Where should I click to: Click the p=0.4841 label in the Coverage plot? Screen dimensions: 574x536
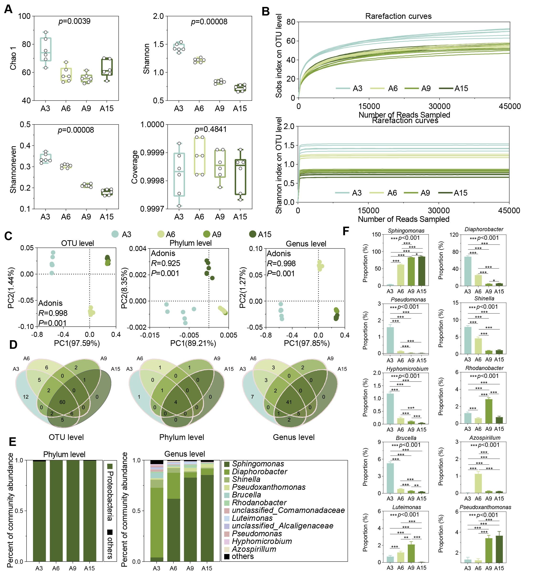click(x=210, y=129)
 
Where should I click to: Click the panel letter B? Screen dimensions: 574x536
click(x=265, y=11)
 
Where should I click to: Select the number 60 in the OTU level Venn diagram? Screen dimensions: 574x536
click(x=62, y=402)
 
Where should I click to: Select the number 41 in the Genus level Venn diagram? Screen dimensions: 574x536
click(x=289, y=402)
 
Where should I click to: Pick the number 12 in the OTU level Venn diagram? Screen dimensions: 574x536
click(x=26, y=397)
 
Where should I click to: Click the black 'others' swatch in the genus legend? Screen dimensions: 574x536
click(x=227, y=556)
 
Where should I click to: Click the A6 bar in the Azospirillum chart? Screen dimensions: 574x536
click(x=478, y=483)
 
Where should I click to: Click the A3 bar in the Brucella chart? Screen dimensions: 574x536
click(x=390, y=478)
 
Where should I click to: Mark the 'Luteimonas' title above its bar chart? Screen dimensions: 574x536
click(x=406, y=507)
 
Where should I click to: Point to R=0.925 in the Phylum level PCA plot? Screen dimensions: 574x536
click(x=165, y=263)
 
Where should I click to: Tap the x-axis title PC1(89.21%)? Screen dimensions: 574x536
click(x=193, y=343)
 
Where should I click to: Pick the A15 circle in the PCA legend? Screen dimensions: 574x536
click(x=253, y=234)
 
